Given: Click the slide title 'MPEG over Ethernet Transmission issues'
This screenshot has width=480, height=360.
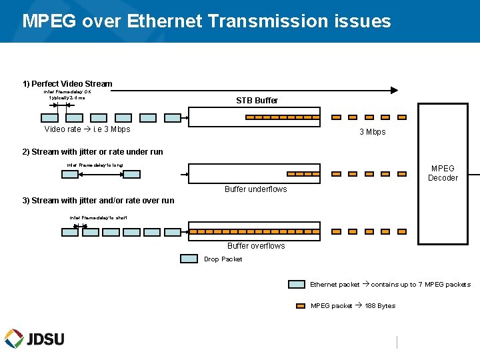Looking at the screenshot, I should click(x=207, y=21).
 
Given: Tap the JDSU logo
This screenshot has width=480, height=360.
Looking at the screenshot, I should click(x=35, y=339).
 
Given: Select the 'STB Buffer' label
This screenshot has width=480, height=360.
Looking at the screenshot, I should click(x=257, y=101).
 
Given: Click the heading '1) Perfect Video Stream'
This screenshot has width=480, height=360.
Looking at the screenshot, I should click(x=67, y=84).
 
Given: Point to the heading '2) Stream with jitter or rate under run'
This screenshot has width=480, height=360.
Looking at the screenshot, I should click(x=93, y=152).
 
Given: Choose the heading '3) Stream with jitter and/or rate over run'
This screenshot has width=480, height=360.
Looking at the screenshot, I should click(x=98, y=201).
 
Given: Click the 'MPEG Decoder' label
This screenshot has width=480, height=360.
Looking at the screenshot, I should click(x=443, y=173).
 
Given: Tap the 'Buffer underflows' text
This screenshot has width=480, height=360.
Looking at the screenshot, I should click(x=256, y=189).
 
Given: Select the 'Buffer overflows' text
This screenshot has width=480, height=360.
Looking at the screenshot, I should click(x=256, y=246).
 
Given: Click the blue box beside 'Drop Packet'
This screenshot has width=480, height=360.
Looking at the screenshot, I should click(x=189, y=259).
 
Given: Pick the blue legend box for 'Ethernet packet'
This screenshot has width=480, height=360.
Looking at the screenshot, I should click(x=297, y=285).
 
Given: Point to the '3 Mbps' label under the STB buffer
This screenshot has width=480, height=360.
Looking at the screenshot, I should click(x=372, y=132).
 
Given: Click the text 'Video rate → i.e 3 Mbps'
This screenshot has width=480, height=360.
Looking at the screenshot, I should click(x=87, y=129).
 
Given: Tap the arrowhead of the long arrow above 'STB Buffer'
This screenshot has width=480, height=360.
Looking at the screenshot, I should click(x=394, y=90).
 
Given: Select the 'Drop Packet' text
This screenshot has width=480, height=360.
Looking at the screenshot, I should click(x=223, y=259).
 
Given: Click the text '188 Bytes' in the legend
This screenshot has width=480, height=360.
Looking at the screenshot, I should click(x=380, y=306).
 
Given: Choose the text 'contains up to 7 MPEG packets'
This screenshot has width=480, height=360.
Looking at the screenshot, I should click(x=421, y=285).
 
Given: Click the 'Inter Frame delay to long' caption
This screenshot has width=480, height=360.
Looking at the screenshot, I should click(x=95, y=165).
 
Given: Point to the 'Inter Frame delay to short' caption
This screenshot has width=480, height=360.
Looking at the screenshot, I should click(x=98, y=218).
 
